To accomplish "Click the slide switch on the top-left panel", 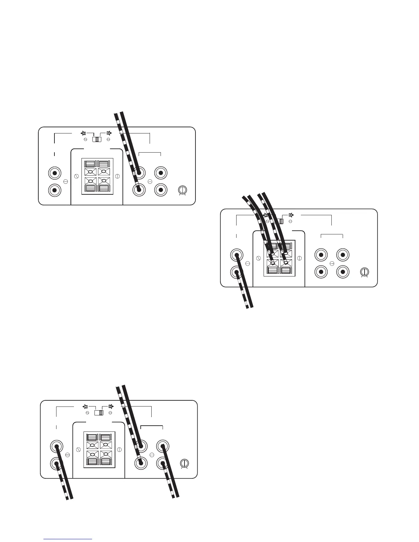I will pyautogui.click(x=98, y=140).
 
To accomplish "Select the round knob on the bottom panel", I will pyautogui.click(x=185, y=463).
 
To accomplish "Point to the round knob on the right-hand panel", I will pyautogui.click(x=365, y=272).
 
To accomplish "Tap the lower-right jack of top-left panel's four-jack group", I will pyautogui.click(x=161, y=190).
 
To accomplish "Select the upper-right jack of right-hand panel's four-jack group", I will pyautogui.click(x=343, y=255).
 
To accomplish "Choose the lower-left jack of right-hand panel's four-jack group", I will pyautogui.click(x=321, y=272).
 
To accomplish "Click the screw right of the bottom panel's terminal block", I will pyautogui.click(x=119, y=449).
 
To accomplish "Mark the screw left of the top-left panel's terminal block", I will pyautogui.click(x=76, y=176).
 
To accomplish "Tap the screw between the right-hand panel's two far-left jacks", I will pyautogui.click(x=247, y=264).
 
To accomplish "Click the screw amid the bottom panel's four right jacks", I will pyautogui.click(x=152, y=455).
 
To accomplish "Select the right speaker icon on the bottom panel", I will pyautogui.click(x=111, y=406).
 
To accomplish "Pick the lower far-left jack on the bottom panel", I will pyautogui.click(x=57, y=463).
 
